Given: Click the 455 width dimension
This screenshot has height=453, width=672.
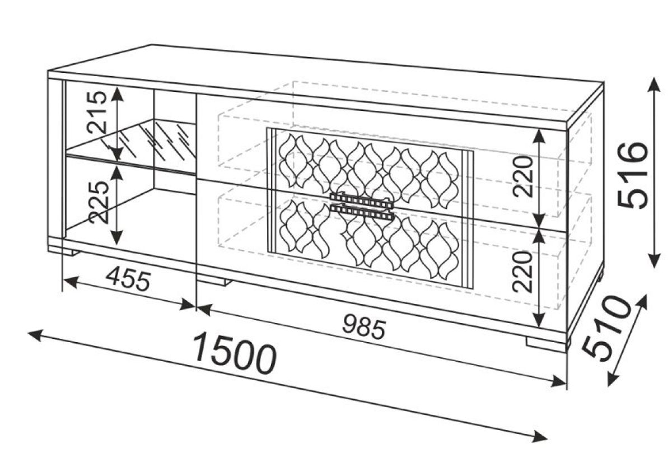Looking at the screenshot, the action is [128, 279].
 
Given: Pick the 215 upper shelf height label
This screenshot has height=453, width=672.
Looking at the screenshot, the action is [96, 112].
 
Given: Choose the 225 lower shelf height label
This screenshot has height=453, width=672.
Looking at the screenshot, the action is [99, 202].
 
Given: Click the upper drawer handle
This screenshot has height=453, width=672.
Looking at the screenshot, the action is [361, 200].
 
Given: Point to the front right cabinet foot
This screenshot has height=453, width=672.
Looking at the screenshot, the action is [546, 345].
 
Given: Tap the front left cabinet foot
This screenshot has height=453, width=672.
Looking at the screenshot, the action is [64, 251].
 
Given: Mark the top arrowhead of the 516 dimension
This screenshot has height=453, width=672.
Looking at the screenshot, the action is [654, 85].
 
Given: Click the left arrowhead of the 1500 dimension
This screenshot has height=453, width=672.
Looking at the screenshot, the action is [35, 335].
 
